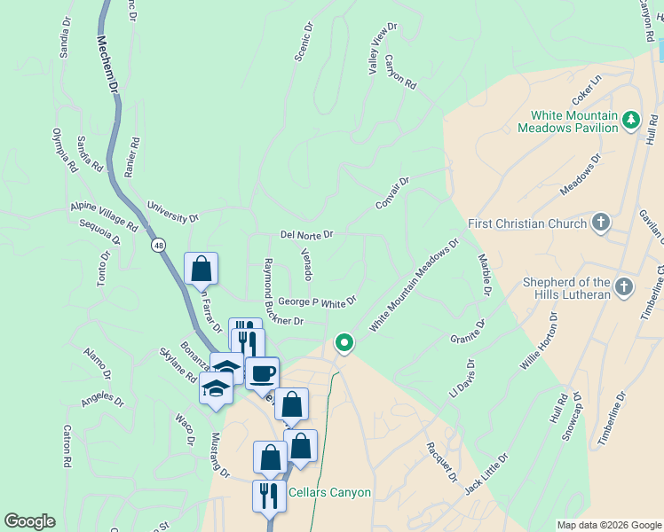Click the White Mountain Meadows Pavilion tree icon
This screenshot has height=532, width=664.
tap(631, 120)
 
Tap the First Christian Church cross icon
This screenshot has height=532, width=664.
tap(601, 223)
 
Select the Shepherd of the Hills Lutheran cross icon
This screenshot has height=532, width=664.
tap(624, 286)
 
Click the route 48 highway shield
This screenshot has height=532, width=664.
tap(158, 245)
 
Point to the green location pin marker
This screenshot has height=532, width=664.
tap(344, 342)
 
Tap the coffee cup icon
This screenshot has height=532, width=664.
tap(262, 372)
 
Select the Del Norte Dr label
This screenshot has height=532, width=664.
tap(306, 235)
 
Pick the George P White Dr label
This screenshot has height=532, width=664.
tap(317, 302)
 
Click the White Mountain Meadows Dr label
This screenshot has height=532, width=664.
tap(415, 285)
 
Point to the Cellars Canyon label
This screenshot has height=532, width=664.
tap(329, 493)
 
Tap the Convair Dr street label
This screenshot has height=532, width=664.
tap(391, 193)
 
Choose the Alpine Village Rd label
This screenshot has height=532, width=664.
tap(104, 216)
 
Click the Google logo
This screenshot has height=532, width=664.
tap(29, 521)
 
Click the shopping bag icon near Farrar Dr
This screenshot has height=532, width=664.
tap(202, 269)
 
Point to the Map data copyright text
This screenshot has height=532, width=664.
tap(608, 525)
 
